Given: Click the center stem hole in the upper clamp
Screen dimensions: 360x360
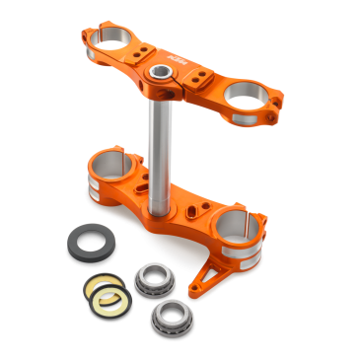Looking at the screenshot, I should (158, 74).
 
